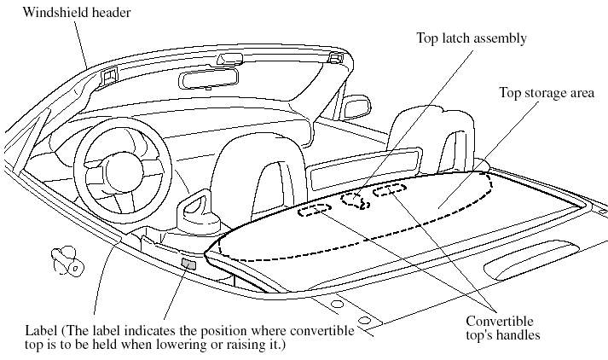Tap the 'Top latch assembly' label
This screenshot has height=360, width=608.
click(472, 38)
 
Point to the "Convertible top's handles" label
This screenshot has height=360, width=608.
click(503, 328)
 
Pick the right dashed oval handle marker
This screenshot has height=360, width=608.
click(390, 191)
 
